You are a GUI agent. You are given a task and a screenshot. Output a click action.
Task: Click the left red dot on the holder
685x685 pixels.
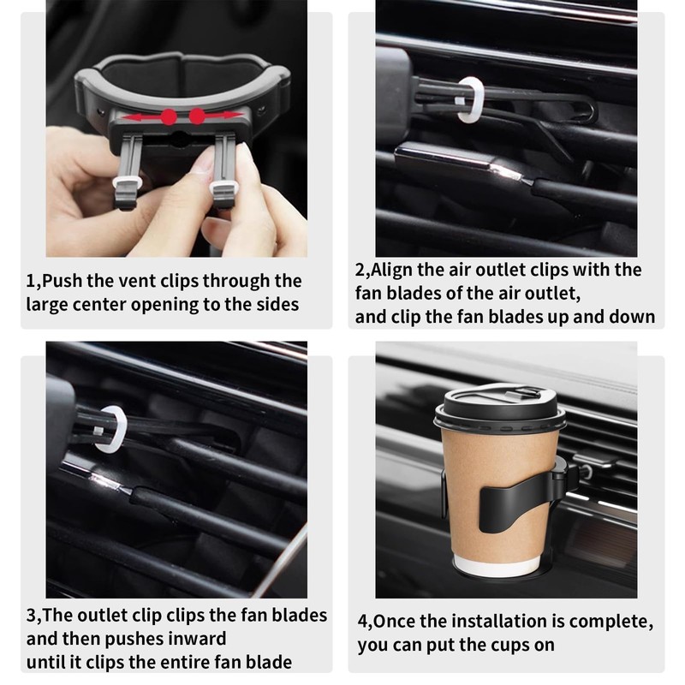click(x=170, y=116)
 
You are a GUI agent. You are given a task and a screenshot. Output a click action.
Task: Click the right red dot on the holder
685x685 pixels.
click(x=198, y=116)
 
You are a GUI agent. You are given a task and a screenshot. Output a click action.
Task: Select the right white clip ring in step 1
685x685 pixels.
click(x=223, y=183)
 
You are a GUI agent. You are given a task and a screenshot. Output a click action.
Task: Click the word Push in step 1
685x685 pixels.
click(x=63, y=281)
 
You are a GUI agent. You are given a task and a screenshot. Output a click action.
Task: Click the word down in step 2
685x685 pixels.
click(x=632, y=317)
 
